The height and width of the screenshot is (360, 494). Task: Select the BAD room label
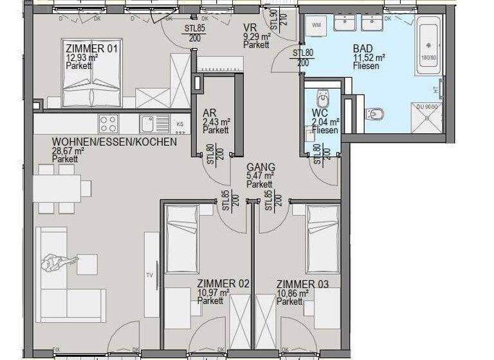click(x=362, y=48)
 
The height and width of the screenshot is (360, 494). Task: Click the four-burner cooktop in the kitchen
click(x=108, y=122)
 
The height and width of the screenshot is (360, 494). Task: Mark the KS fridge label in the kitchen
click(x=180, y=123)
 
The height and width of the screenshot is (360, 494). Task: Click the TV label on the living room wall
click(x=149, y=275)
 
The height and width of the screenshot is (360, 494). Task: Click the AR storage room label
click(x=208, y=112)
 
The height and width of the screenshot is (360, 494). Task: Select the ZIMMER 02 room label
click(x=223, y=283)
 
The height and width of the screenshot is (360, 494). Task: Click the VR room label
click(x=250, y=27)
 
